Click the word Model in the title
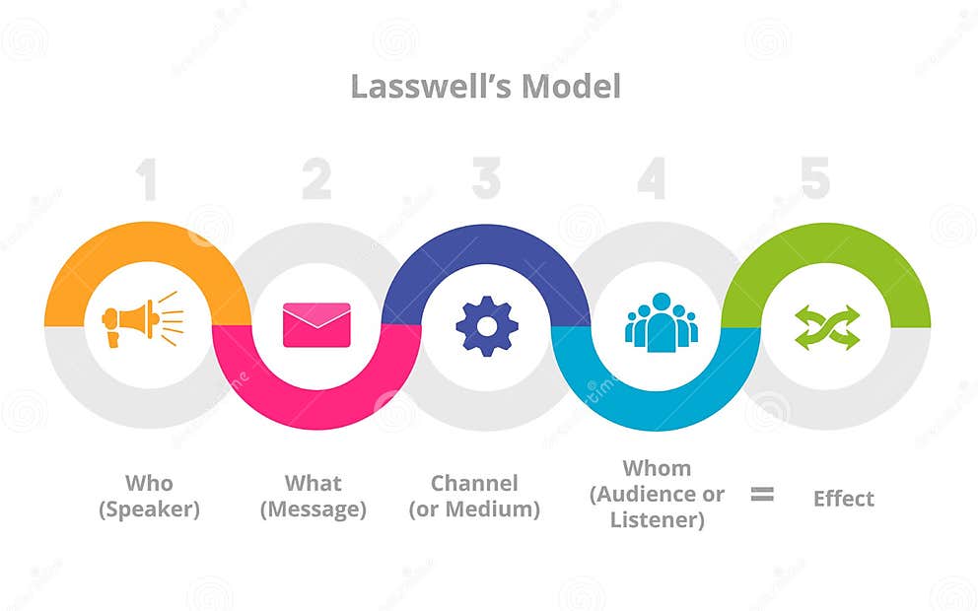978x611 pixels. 572,87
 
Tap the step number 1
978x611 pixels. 146,179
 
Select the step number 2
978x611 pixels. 316,179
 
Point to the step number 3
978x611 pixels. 486,179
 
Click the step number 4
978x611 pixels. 652,179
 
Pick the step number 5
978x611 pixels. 814,179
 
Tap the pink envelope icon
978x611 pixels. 316,325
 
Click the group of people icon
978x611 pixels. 661,322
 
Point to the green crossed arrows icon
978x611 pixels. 826,327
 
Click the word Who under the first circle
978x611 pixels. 149,483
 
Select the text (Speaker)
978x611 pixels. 149,509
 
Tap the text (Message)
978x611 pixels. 314,509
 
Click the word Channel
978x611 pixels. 474,483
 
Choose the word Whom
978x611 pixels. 657,468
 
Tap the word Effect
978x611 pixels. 843,499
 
